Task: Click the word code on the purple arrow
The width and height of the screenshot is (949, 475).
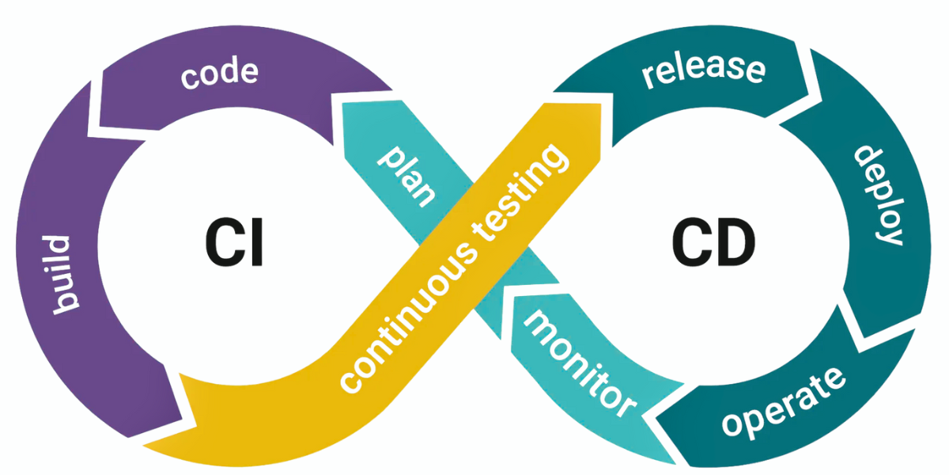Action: click(219, 74)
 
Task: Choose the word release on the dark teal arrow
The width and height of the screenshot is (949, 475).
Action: click(703, 69)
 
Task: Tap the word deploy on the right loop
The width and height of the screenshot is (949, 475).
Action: click(879, 195)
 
